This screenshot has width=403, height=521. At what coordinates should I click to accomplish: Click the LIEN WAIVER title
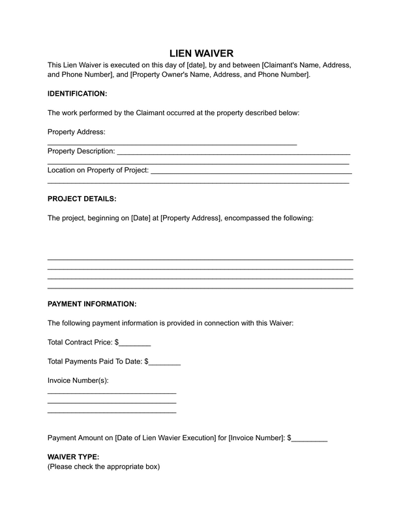201,53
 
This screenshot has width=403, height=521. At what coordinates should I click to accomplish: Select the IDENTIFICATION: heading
77,94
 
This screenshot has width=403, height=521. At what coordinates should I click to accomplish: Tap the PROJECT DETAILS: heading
82,199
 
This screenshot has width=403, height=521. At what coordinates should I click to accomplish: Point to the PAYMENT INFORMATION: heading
92,303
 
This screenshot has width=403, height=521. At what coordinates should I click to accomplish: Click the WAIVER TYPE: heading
73,457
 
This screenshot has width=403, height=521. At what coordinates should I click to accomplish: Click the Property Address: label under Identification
76,132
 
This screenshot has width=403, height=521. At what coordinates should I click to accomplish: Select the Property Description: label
81,151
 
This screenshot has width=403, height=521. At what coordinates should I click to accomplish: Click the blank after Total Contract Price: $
135,342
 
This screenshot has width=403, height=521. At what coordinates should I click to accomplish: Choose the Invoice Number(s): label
78,380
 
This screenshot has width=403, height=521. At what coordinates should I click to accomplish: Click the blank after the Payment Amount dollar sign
310,438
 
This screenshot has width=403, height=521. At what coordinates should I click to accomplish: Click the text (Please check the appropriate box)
103,467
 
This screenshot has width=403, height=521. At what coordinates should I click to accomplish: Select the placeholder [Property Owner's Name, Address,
188,75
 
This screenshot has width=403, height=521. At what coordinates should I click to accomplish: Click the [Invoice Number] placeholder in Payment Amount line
257,438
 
